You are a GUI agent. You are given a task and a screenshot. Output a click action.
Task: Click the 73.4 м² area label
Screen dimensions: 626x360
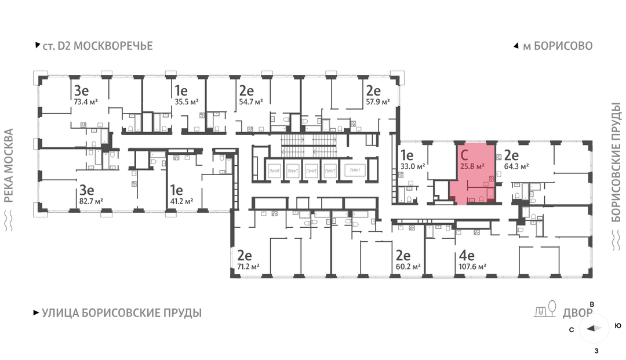point(86,102)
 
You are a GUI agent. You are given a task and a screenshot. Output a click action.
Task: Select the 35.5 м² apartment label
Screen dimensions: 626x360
point(187,102)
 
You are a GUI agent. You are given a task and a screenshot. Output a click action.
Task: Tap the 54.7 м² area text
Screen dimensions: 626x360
point(251,102)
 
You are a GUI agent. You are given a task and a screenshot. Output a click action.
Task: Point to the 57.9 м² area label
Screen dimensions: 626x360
point(378,102)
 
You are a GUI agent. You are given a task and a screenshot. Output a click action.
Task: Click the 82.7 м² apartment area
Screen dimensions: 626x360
point(91,201)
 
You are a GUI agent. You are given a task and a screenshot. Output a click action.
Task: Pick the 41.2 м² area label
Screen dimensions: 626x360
point(181,201)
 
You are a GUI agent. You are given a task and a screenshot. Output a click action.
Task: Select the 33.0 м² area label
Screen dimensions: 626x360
point(413,166)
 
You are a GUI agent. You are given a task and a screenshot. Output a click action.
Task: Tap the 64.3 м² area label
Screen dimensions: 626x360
point(516,166)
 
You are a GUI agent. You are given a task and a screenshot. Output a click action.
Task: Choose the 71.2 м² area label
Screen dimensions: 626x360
point(248,266)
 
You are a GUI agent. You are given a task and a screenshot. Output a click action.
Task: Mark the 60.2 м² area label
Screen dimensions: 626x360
point(408,266)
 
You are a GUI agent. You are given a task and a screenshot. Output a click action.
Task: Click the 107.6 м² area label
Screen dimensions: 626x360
point(473,266)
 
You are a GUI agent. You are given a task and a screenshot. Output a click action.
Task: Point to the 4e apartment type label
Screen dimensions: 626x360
point(467,255)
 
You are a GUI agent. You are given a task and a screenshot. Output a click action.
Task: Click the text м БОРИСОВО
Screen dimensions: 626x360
point(558,46)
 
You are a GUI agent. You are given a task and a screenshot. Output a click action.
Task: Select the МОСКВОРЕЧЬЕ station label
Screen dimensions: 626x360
point(113,46)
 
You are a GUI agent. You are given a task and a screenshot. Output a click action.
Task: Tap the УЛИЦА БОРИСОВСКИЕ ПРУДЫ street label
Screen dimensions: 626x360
point(122,313)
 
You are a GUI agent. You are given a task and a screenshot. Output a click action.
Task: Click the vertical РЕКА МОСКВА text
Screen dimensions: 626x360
point(8,166)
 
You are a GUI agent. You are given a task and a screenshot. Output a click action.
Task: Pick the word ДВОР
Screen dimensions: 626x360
point(578,313)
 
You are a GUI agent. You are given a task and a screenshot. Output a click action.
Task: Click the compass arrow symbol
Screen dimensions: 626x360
point(594,329)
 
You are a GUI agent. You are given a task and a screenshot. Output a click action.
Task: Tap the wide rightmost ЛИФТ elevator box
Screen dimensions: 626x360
point(355,170)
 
